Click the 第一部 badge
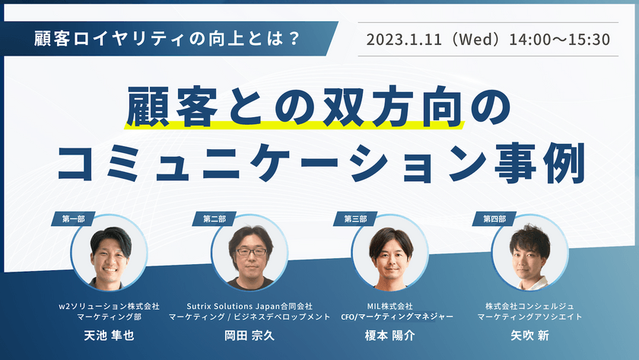[x=72, y=218]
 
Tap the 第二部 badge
[x=214, y=218]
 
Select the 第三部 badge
[x=355, y=218]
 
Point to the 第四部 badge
[x=494, y=218]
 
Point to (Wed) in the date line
[x=481, y=39]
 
